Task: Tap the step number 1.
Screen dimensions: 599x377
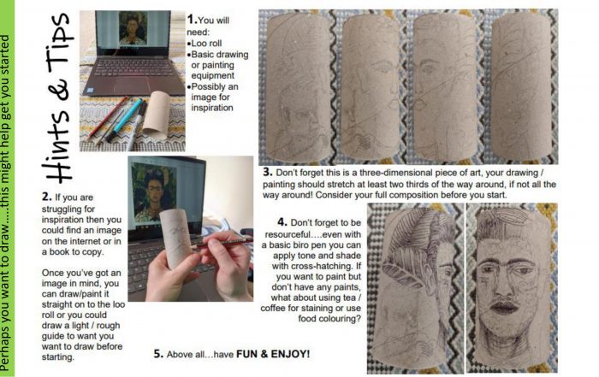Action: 192,19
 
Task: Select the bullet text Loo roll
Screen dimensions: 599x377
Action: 206,43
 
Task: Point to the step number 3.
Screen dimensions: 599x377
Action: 267,172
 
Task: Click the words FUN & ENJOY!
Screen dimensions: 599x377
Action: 273,354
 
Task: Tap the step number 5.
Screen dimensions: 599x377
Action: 158,354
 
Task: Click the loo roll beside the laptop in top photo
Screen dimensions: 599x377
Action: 156,114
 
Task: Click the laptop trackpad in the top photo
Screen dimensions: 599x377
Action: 134,86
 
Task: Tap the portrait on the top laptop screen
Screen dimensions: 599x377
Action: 133,28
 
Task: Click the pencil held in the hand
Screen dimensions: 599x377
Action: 222,243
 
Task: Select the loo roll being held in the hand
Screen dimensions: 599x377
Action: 176,239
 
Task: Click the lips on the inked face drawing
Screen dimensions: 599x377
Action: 503,306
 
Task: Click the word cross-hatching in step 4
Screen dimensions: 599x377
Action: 316,266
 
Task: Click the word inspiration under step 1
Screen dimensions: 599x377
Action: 212,108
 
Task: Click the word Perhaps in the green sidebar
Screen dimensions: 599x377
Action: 5,352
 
